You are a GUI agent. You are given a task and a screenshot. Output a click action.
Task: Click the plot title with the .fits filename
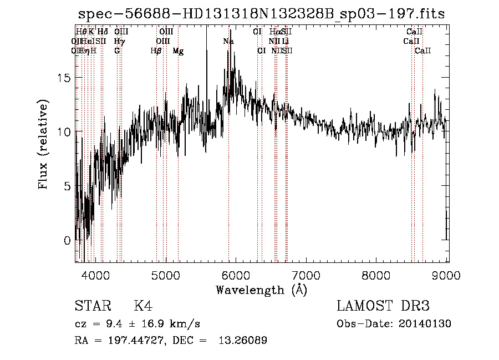pyautogui.click(x=262, y=14)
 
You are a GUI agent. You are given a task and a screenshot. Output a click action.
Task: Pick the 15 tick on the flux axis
pyautogui.click(x=64, y=78)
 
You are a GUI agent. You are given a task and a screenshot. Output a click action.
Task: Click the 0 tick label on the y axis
pyautogui.click(x=68, y=241)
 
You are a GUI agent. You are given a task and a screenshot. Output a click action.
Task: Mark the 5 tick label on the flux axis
pyautogui.click(x=68, y=186)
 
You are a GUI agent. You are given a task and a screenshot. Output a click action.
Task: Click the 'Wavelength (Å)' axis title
pyautogui.click(x=261, y=290)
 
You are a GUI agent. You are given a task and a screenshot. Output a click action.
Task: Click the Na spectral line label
pyautogui.click(x=228, y=42)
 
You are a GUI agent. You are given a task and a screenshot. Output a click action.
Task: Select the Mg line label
pyautogui.click(x=178, y=51)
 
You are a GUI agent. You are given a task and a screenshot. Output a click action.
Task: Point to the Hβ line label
pyautogui.click(x=156, y=51)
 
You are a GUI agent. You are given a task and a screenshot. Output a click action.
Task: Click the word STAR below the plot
pyautogui.click(x=92, y=306)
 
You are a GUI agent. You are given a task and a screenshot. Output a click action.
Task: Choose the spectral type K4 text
pyautogui.click(x=143, y=306)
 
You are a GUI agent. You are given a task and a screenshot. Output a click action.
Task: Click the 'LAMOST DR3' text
pyautogui.click(x=383, y=306)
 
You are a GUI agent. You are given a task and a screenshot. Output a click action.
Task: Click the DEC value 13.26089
pyautogui.click(x=247, y=341)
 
